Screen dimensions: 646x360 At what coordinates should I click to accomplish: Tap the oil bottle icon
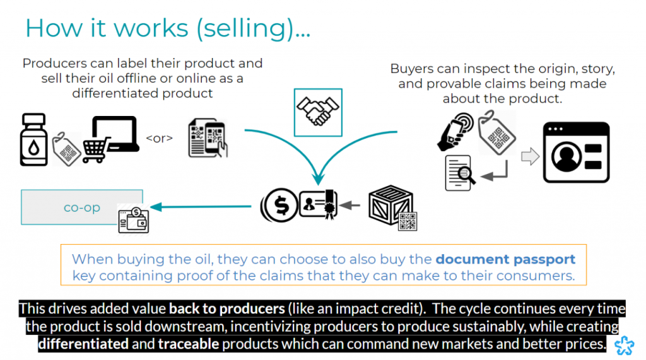[x=34, y=139]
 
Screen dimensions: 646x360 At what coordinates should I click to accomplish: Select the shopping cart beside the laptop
[x=96, y=149]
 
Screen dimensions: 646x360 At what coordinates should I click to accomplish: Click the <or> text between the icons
[x=160, y=138]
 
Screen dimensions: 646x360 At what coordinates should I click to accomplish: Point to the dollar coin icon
[x=279, y=205]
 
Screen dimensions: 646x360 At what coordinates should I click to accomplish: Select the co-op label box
[x=81, y=207]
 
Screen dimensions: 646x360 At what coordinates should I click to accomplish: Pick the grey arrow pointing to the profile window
[x=530, y=156]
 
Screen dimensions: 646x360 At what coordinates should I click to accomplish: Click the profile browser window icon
[x=576, y=153]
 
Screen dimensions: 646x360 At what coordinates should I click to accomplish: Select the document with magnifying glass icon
[x=460, y=173]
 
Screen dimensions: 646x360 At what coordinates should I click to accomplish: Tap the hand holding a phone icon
[x=455, y=131]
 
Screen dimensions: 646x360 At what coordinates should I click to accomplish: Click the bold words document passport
[x=505, y=259]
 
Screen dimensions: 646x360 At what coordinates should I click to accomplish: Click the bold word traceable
[x=188, y=344]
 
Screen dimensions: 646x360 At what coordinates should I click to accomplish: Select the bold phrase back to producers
[x=227, y=308]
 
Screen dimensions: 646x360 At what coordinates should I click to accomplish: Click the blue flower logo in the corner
[x=625, y=345]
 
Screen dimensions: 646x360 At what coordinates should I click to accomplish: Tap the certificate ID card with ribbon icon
[x=319, y=205]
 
